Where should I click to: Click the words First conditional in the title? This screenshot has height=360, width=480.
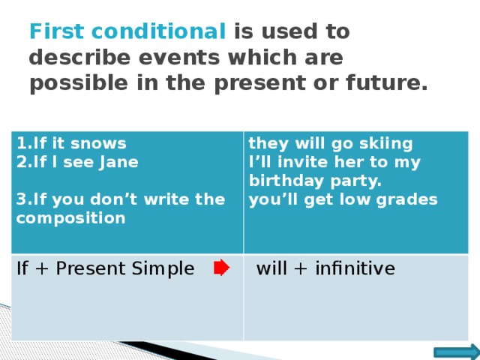tap(127, 32)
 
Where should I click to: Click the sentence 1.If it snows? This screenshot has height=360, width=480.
tap(71, 142)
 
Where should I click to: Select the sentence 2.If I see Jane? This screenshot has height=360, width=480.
tap(77, 160)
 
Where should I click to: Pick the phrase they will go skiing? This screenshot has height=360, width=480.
tap(330, 142)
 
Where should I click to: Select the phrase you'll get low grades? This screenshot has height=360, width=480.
tap(343, 199)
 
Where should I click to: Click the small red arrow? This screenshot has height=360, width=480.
tap(221, 268)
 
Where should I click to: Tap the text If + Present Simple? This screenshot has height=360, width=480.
tap(105, 268)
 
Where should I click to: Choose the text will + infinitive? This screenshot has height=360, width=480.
tap(325, 268)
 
